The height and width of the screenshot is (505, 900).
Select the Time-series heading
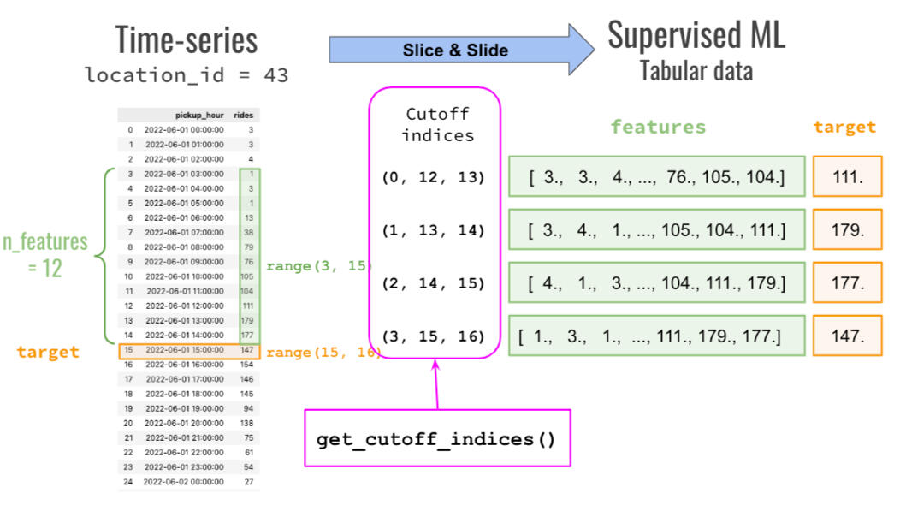pyautogui.click(x=186, y=39)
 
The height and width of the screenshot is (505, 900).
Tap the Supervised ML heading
pyautogui.click(x=696, y=35)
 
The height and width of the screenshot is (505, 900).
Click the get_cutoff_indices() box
pyautogui.click(x=436, y=440)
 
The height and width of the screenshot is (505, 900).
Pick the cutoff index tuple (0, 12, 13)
pyautogui.click(x=433, y=178)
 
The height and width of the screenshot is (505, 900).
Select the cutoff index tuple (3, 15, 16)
pyautogui.click(x=433, y=336)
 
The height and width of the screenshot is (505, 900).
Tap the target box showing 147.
pyautogui.click(x=846, y=336)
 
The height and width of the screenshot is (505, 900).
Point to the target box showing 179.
pyautogui.click(x=846, y=231)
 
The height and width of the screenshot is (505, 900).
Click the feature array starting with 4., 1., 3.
pyautogui.click(x=656, y=283)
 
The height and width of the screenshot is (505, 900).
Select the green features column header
pyautogui.click(x=658, y=127)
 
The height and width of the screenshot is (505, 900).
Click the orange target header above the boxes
pyautogui.click(x=844, y=127)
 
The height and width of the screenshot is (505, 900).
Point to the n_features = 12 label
pyautogui.click(x=44, y=254)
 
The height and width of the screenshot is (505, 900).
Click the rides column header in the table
pyautogui.click(x=243, y=115)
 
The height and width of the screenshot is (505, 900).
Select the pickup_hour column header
pyautogui.click(x=198, y=115)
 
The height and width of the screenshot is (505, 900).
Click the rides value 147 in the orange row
pyautogui.click(x=246, y=351)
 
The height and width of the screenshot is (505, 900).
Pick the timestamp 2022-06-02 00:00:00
pyautogui.click(x=183, y=482)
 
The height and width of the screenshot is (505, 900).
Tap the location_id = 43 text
pyautogui.click(x=187, y=75)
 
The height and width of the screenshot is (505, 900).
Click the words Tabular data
pyautogui.click(x=696, y=70)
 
